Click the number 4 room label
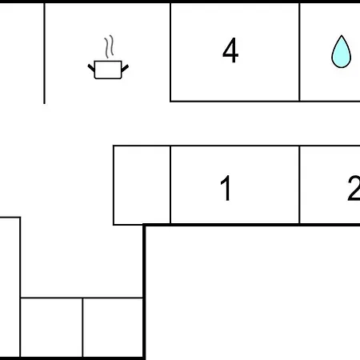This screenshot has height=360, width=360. pyautogui.click(x=230, y=50)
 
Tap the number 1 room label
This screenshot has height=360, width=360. pyautogui.click(x=226, y=188)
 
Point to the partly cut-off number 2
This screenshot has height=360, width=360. pyautogui.click(x=354, y=188)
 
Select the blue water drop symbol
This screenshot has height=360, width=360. pyautogui.click(x=341, y=51)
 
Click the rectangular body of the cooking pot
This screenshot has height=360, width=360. pyautogui.click(x=108, y=70)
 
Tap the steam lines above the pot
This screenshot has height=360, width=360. pyautogui.click(x=109, y=46)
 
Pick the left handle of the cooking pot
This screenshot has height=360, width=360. pyautogui.click(x=91, y=68)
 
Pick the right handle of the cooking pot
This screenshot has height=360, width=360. pyautogui.click(x=125, y=68)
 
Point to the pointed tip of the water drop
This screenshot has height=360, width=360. pyautogui.click(x=342, y=35)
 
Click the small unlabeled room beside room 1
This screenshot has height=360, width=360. pyautogui.click(x=142, y=185)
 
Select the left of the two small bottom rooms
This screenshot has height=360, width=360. pyautogui.click(x=51, y=327)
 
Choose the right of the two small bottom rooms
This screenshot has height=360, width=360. pyautogui.click(x=113, y=327)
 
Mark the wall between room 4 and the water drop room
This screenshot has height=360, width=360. pyautogui.click(x=299, y=52)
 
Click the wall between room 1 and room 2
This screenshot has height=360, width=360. pyautogui.click(x=299, y=185)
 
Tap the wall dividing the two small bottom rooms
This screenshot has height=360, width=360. pyautogui.click(x=82, y=327)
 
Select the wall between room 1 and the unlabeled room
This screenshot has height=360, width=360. pyautogui.click(x=170, y=185)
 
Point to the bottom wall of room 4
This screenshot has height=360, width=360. pyautogui.click(x=234, y=101)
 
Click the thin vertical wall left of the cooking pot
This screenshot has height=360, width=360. pyautogui.click(x=44, y=54)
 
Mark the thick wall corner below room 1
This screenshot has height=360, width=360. pyautogui.click(x=144, y=226)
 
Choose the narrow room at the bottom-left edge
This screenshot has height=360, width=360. pyautogui.click(x=10, y=287)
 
